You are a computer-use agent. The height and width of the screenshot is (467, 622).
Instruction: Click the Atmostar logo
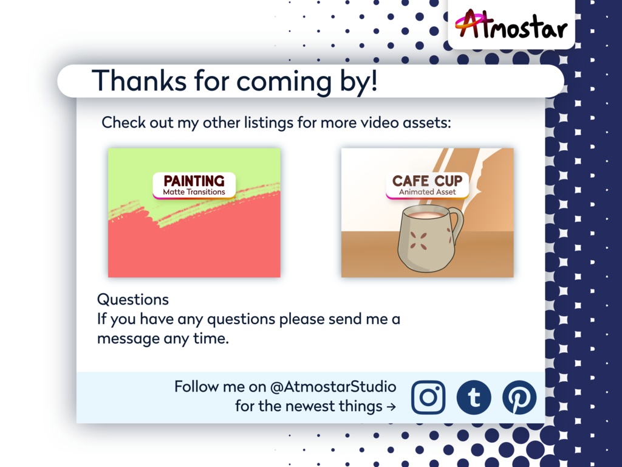coord(511,24)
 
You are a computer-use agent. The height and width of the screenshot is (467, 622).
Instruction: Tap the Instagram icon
coord(428,398)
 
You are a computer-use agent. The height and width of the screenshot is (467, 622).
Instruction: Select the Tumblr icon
coord(474,398)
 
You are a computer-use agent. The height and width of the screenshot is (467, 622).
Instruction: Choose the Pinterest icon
coord(519,398)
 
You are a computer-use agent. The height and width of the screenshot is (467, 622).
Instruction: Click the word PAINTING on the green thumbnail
coord(194,181)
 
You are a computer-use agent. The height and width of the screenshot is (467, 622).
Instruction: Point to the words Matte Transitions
coord(194,192)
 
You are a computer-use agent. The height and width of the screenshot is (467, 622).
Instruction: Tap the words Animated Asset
coord(427,192)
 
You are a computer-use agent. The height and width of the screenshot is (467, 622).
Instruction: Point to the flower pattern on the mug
coord(418,241)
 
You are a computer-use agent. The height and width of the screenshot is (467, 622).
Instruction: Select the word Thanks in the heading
coord(139,80)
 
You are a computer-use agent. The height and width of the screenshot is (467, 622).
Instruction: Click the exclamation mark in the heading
coord(373,80)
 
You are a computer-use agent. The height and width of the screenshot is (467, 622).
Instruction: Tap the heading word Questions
coord(133,299)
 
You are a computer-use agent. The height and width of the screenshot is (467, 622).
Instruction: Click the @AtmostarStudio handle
coord(333,386)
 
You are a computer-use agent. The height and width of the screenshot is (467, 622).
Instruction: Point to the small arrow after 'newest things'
coord(391,407)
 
